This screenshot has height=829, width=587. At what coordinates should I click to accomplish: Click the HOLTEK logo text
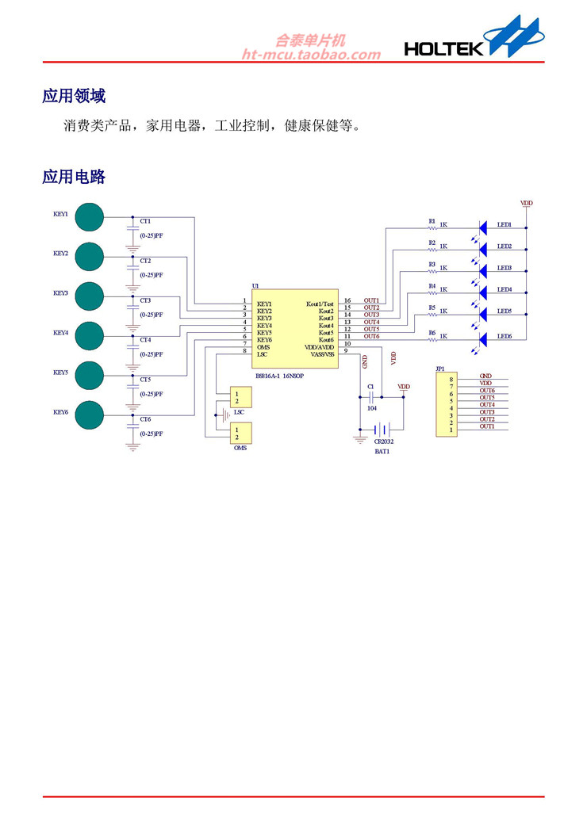(443, 49)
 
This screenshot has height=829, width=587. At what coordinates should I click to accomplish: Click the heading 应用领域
(74, 96)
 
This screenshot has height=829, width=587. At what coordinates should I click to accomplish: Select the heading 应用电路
(74, 176)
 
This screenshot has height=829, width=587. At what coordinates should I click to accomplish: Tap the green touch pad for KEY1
(89, 217)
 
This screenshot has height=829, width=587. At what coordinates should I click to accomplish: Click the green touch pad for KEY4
(89, 336)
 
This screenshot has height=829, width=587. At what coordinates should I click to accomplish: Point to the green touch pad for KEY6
(89, 415)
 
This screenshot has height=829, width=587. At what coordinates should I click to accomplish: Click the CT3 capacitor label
(145, 300)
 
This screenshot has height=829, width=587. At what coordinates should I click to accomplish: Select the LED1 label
(505, 224)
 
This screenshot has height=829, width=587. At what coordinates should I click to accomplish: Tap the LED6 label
(505, 337)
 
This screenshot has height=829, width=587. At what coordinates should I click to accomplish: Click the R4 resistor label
(432, 285)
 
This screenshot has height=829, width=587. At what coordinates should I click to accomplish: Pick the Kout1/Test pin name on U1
(320, 304)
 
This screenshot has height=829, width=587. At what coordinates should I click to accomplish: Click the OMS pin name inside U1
(263, 346)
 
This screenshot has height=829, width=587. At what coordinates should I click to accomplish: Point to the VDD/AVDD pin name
(320, 346)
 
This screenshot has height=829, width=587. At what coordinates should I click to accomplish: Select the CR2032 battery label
(384, 442)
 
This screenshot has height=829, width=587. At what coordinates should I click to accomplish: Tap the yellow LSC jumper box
(236, 397)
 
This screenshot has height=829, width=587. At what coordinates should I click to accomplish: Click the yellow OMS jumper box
(236, 433)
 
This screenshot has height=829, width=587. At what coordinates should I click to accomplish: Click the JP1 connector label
(440, 369)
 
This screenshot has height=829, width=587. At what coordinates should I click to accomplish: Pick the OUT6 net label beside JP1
(487, 391)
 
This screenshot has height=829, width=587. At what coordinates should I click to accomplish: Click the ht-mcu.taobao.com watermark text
(311, 55)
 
